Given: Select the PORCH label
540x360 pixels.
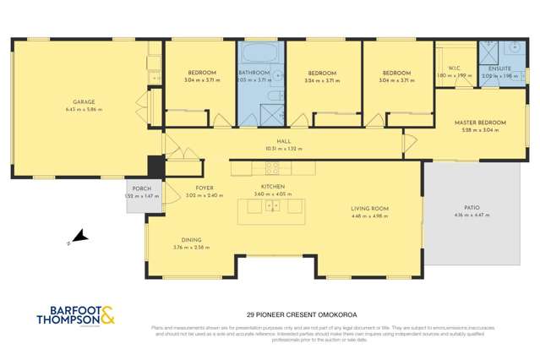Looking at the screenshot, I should (136, 189).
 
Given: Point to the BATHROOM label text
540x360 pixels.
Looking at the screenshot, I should (254, 74).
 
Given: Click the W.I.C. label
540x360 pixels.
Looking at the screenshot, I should (454, 68).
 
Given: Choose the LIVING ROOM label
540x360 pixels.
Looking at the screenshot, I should (369, 208).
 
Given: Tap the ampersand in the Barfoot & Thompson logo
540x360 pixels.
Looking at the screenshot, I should (109, 318).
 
